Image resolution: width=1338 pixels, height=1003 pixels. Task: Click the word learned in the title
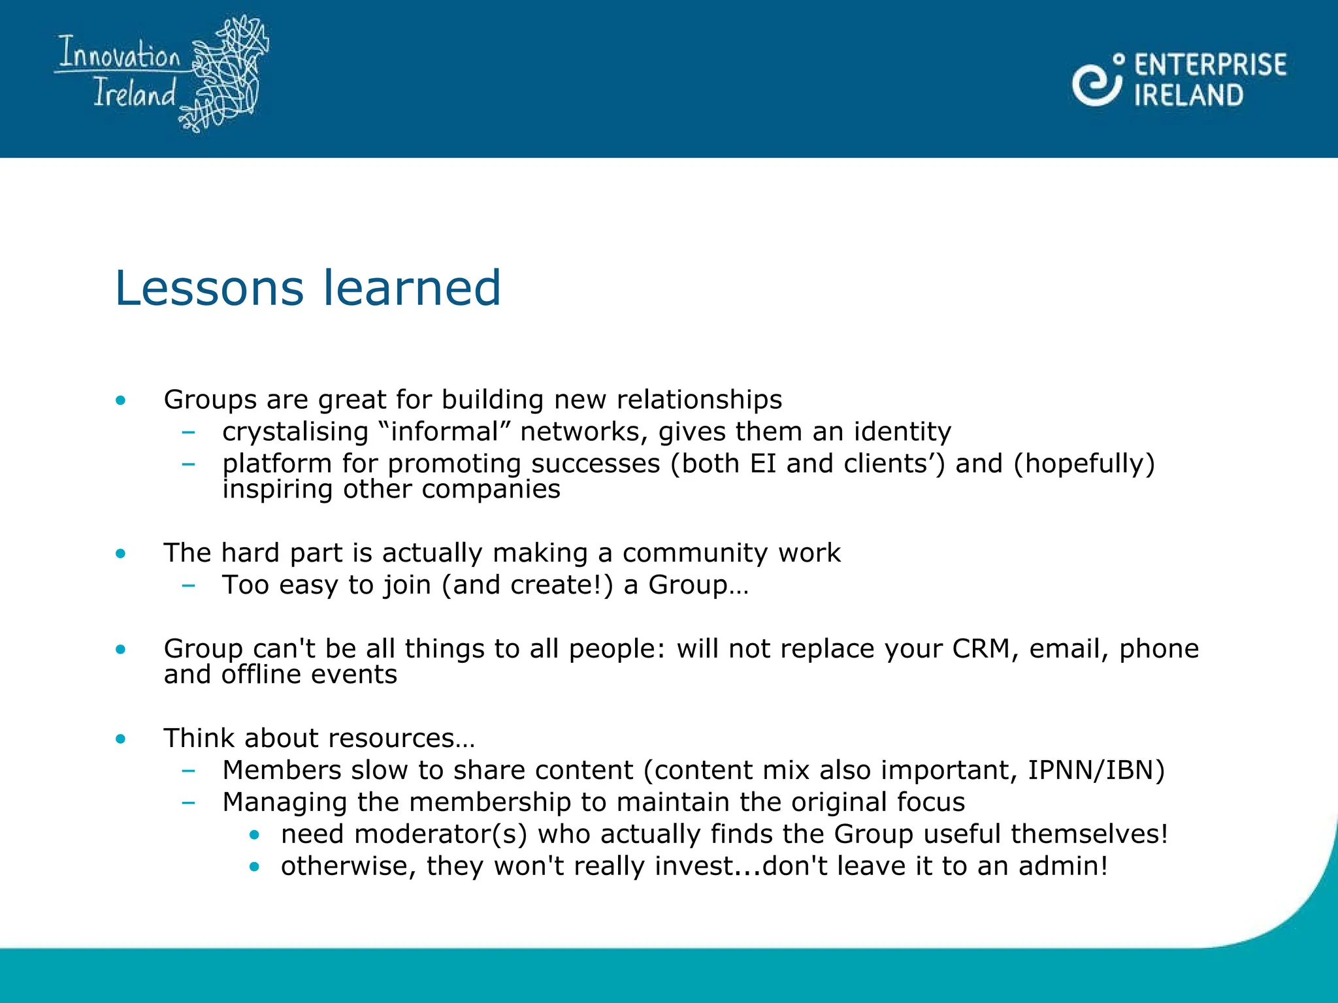click(412, 288)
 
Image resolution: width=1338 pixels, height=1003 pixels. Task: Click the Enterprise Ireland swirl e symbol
click(1096, 82)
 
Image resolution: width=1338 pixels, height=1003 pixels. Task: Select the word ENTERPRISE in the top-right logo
click(1210, 65)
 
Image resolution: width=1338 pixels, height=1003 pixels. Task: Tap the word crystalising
click(295, 432)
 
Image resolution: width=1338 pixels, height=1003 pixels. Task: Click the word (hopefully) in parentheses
click(1085, 464)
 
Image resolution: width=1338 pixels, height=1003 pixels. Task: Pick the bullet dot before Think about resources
click(120, 739)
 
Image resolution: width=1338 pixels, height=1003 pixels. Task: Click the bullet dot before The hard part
click(120, 554)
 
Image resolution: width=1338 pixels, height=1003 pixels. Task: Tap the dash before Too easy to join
click(188, 586)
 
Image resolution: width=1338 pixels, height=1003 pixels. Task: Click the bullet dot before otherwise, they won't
click(254, 867)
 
